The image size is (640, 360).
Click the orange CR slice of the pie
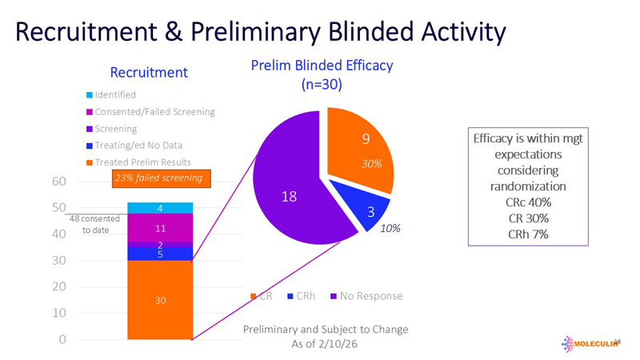pyautogui.click(x=360, y=152)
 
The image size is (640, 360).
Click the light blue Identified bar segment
pyautogui.click(x=160, y=208)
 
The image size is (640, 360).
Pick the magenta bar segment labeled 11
pyautogui.click(x=160, y=228)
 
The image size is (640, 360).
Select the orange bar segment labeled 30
pyautogui.click(x=160, y=300)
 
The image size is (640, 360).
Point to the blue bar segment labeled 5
pyautogui.click(x=160, y=254)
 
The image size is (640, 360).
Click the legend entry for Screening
pyautogui.click(x=115, y=128)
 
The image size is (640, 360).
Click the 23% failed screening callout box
pyautogui.click(x=158, y=178)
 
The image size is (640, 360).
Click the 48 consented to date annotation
pyautogui.click(x=94, y=224)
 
